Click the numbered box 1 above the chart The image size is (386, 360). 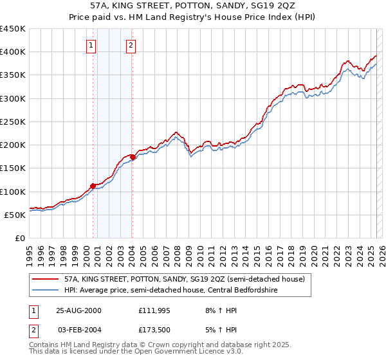[x=91, y=45]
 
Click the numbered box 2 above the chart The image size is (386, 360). [x=131, y=45]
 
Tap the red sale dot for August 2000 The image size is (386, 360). [x=93, y=186]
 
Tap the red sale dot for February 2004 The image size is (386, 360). [x=132, y=157]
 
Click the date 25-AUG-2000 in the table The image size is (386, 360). [x=78, y=310]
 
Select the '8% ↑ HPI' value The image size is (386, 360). [x=219, y=310]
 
